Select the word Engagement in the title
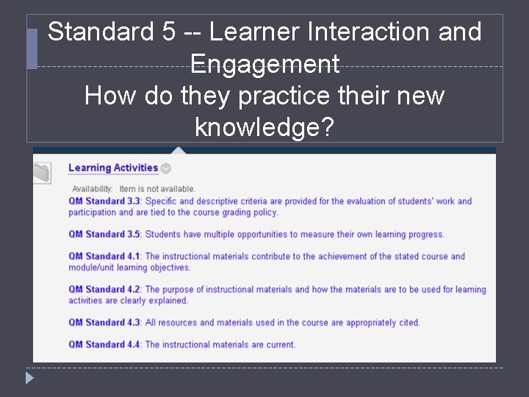[264, 65]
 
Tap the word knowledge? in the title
[264, 128]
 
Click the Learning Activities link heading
[113, 168]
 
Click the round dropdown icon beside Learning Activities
[166, 168]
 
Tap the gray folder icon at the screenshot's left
[42, 172]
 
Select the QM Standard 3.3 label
[106, 201]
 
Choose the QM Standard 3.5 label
[106, 235]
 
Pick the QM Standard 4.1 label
[106, 257]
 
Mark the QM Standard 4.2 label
[106, 290]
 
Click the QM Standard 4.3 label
[106, 323]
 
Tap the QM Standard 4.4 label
[106, 345]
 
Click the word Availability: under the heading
[92, 189]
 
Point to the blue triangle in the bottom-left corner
[29, 379]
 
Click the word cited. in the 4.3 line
[408, 323]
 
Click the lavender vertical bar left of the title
[32, 49]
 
